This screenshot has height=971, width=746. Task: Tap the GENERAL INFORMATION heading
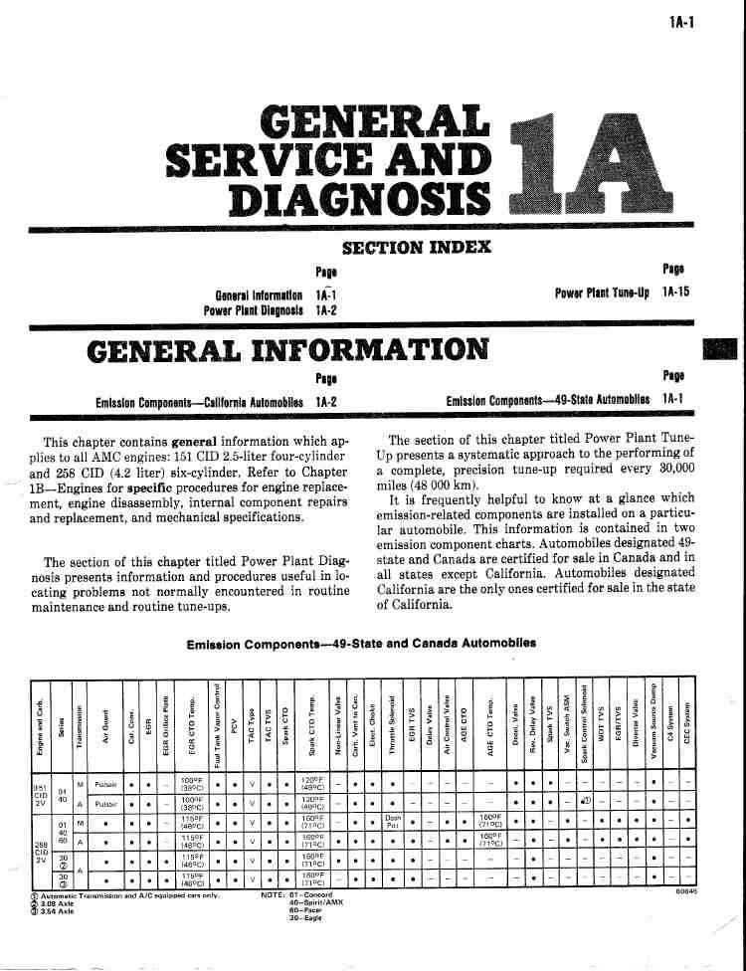(x=288, y=351)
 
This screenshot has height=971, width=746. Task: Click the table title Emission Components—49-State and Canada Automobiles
(x=361, y=643)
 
